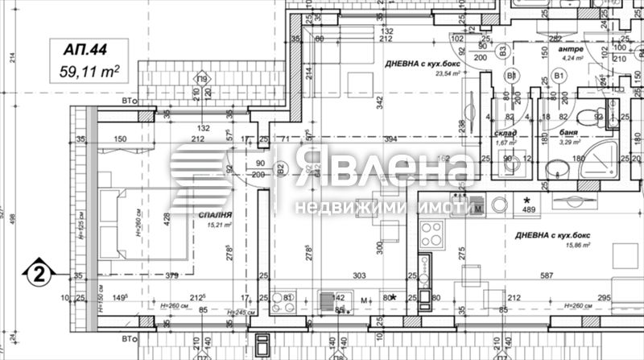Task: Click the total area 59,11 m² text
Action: (x=89, y=71)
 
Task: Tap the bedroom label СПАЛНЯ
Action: (x=215, y=216)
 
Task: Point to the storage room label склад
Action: (x=506, y=133)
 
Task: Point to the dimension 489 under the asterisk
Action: (x=528, y=210)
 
